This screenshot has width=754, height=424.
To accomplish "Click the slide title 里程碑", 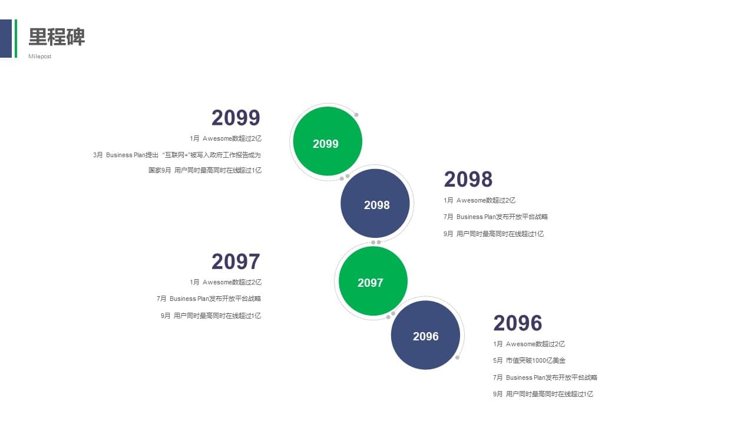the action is [x=57, y=37].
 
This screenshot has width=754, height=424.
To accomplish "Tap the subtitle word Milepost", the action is [x=39, y=56].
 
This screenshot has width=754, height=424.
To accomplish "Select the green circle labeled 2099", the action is [x=328, y=141].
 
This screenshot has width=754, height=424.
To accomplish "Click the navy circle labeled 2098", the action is [x=375, y=203].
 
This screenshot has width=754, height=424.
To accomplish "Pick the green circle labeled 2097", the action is [x=373, y=281].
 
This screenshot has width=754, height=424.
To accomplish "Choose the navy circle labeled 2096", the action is [x=425, y=335].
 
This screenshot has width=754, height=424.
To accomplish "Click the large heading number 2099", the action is [x=236, y=117].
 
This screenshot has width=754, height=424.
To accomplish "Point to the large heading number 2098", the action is [x=468, y=179].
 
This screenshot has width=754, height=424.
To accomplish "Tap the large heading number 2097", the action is [x=236, y=261].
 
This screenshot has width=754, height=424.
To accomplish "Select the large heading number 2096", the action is [x=518, y=323].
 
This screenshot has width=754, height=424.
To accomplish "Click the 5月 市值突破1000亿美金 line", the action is [x=529, y=360].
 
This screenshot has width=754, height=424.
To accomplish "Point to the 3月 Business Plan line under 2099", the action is [x=177, y=155].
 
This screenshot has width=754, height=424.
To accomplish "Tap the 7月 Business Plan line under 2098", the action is [x=495, y=217].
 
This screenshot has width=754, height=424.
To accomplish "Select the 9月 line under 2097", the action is [x=211, y=316].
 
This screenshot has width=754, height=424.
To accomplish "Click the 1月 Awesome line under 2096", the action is [x=529, y=344].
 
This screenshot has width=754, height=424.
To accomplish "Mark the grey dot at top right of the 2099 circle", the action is [x=356, y=115].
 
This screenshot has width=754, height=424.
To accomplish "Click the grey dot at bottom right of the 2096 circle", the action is [x=458, y=357].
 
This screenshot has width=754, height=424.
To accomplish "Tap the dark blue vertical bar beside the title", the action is [x=6, y=38].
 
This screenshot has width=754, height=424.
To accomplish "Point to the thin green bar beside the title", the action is [x=16, y=38].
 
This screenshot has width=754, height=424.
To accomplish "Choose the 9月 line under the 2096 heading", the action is [x=543, y=394].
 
